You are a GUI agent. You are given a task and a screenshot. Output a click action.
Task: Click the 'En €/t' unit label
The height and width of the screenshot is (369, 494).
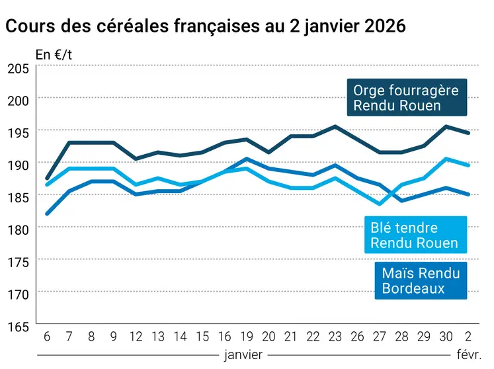(x=54, y=55)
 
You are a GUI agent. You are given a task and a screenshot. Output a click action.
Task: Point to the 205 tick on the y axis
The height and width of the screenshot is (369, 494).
(x=17, y=68)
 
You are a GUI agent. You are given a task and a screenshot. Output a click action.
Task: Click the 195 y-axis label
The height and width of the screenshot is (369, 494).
(x=17, y=132)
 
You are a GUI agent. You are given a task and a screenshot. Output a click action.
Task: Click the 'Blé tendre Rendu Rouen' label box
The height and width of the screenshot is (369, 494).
(x=414, y=235)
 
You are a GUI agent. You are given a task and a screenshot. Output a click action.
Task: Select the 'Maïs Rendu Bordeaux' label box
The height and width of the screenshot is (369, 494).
(x=420, y=280)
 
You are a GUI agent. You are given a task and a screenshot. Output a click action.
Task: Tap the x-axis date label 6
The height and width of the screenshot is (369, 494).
(x=46, y=336)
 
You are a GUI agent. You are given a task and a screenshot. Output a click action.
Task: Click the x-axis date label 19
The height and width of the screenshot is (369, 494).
(x=246, y=336)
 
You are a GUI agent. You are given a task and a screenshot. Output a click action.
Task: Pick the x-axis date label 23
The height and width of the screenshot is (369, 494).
(x=335, y=336)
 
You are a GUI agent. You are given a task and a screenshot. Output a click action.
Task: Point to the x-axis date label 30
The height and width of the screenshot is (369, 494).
(x=446, y=336)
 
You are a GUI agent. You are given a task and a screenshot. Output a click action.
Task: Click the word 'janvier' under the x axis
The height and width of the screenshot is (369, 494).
(x=243, y=355)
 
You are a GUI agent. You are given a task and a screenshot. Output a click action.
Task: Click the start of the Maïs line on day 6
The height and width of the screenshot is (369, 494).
(x=46, y=214)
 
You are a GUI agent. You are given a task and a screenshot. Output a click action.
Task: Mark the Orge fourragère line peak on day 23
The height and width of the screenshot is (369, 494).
(x=335, y=126)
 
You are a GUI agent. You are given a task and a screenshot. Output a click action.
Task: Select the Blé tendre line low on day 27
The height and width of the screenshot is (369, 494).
(x=380, y=204)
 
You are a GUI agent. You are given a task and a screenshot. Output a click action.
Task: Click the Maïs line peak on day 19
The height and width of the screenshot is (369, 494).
(x=246, y=159)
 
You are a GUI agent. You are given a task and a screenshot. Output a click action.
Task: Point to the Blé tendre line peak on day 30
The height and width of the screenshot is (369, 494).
(x=446, y=159)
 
